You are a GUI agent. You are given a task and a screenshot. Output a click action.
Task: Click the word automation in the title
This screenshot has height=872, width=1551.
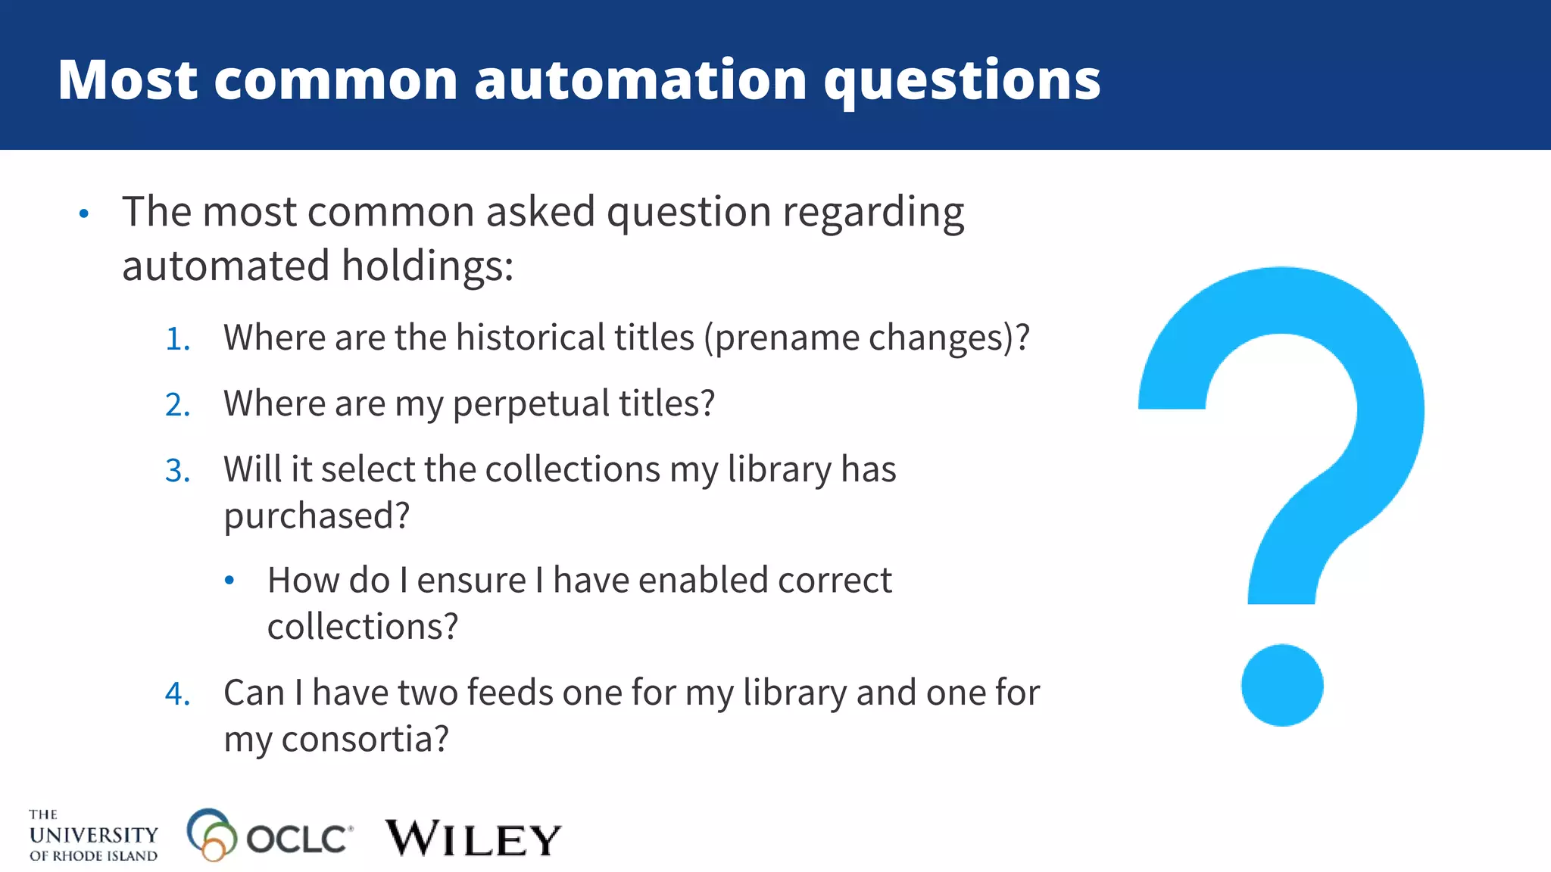[x=641, y=79]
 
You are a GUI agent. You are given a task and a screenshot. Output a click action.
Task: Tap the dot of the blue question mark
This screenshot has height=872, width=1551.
[x=1282, y=685]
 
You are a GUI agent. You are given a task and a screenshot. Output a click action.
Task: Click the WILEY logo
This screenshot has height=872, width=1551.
[x=473, y=839]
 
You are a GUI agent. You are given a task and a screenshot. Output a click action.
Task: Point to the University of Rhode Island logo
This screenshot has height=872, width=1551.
[x=93, y=836]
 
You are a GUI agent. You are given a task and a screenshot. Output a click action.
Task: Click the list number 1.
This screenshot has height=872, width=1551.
[x=176, y=339]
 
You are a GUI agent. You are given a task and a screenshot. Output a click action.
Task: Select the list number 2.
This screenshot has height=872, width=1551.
[x=176, y=405]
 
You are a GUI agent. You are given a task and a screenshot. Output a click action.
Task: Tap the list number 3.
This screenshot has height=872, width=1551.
[x=176, y=471]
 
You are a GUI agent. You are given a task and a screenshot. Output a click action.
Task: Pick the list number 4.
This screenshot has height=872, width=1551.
[x=176, y=694]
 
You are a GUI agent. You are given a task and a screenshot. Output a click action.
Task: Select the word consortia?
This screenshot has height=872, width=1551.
[x=365, y=740]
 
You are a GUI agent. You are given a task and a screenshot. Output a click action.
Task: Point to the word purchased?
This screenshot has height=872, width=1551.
[x=317, y=516]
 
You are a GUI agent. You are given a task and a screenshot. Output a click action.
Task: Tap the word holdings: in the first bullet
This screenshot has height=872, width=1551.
[x=427, y=266]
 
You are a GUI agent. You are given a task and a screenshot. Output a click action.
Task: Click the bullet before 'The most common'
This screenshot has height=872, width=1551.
[x=84, y=214]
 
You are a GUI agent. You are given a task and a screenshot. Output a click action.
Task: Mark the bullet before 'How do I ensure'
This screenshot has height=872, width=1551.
[x=229, y=581]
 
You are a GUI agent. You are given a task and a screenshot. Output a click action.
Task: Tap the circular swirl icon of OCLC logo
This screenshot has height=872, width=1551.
[x=210, y=834]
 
